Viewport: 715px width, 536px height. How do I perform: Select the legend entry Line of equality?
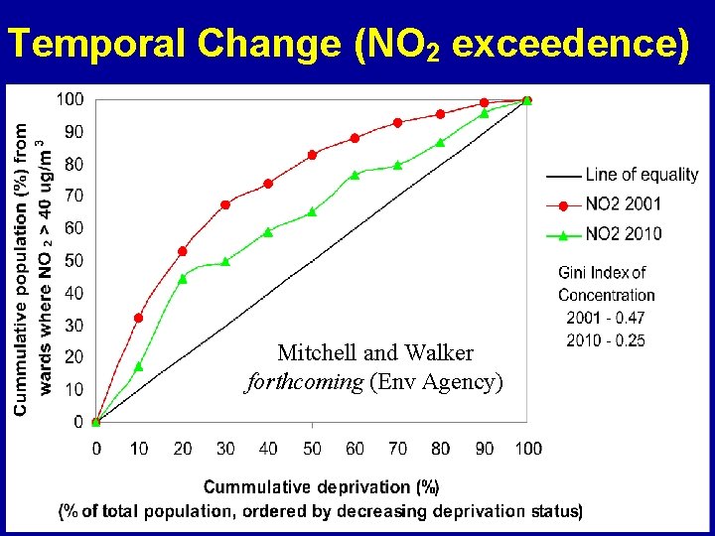coord(642,175)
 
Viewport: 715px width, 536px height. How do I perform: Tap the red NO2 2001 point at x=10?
coord(139,319)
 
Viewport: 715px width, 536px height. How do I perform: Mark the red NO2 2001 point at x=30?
coord(225,204)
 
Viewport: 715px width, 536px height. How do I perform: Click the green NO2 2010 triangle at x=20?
coord(183,278)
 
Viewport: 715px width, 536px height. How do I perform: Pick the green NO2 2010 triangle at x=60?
coord(355,175)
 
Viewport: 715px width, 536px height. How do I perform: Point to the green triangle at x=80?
coord(441,142)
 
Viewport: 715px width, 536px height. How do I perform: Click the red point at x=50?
coord(312,155)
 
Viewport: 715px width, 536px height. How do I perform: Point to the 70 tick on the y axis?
coord(73,196)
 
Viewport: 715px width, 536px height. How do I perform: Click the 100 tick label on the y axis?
coord(70,99)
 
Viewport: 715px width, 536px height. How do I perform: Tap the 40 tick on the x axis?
coord(268,449)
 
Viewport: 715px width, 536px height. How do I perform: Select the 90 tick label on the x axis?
coord(484,449)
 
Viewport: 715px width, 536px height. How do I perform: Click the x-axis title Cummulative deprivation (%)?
coord(321,487)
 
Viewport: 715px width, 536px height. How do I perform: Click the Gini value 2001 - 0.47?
coord(605,319)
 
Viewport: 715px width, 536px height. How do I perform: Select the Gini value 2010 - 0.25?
coord(605,340)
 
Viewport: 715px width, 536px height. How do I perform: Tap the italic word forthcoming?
coord(304,382)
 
